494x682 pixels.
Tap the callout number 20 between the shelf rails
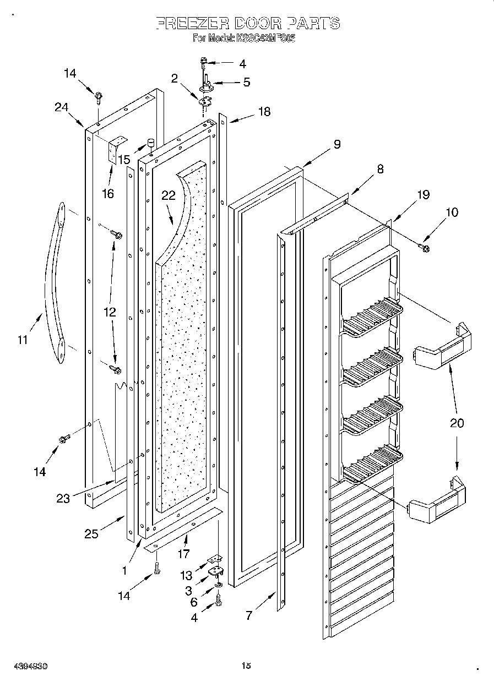[x=457, y=423]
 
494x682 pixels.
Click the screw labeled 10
[x=425, y=247]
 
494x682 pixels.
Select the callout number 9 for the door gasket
[x=336, y=145]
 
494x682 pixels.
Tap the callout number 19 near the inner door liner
[x=423, y=195]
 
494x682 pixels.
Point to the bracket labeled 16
[x=117, y=149]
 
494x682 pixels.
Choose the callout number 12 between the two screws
[x=110, y=312]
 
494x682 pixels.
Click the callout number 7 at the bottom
[x=249, y=615]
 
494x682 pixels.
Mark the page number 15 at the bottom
[x=246, y=665]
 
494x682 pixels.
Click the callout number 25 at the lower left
[x=91, y=533]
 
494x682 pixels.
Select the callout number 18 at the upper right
[x=264, y=112]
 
